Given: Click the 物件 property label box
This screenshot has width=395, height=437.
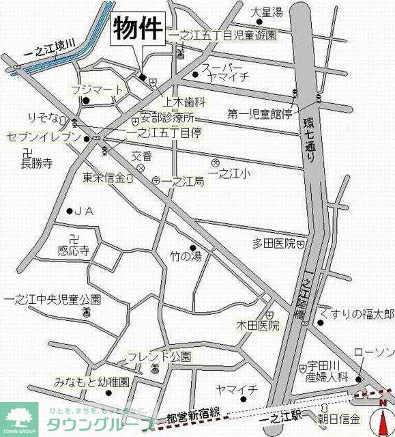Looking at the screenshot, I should pyautogui.click(x=137, y=29).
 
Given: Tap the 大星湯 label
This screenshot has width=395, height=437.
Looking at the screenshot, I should pyautogui.click(x=266, y=12).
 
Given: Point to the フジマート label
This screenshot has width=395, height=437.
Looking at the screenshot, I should pyautogui.click(x=98, y=89).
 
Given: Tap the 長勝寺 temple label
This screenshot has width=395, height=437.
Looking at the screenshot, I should pyautogui.click(x=38, y=163).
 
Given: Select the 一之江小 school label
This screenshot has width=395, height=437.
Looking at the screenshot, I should pyautogui.click(x=232, y=175).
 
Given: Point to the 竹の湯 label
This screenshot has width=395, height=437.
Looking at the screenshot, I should pyautogui.click(x=186, y=257).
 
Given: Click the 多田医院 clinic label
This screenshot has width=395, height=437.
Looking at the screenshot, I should pyautogui.click(x=274, y=243).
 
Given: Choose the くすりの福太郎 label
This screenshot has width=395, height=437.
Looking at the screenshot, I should pyautogui.click(x=360, y=313).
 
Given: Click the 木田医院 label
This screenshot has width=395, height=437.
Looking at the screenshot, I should pyautogui.click(x=258, y=325).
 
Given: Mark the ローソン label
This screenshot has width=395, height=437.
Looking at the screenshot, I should pyautogui.click(x=373, y=352).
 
